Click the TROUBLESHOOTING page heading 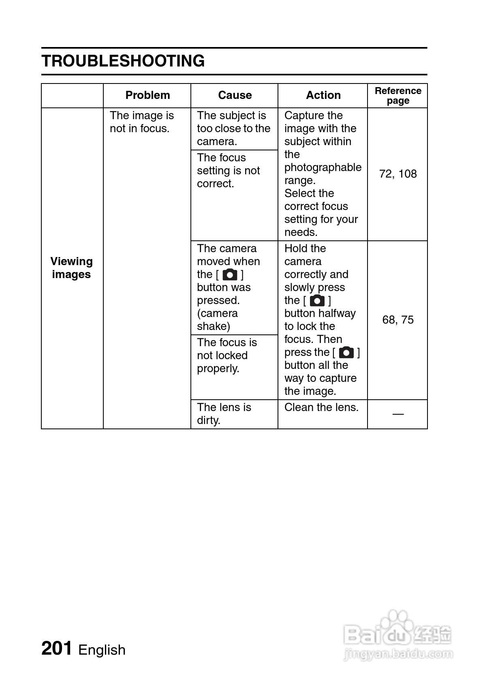(123, 61)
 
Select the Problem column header (147, 95)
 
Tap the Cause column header (235, 95)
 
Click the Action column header (323, 95)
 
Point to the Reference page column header (398, 96)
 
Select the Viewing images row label (71, 268)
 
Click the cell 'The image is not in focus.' (141, 122)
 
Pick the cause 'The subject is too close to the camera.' (233, 128)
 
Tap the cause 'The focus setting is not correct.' (228, 171)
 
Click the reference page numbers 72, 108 (398, 174)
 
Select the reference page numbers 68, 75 (398, 320)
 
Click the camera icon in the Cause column (230, 275)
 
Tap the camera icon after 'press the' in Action (346, 352)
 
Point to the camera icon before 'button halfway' (317, 301)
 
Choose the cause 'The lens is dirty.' (224, 413)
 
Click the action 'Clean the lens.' (321, 407)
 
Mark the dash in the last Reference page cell (398, 414)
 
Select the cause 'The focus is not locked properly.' (227, 355)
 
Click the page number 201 (57, 649)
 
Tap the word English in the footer (102, 650)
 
